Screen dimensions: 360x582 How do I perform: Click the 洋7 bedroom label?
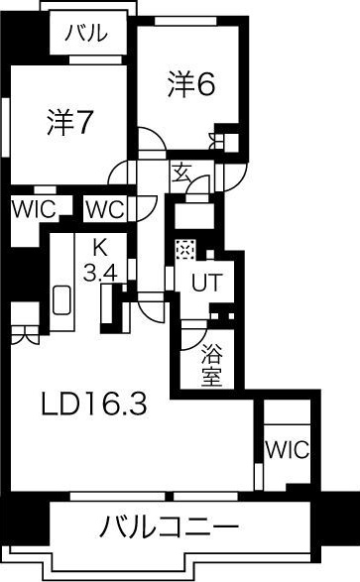coord(69,122)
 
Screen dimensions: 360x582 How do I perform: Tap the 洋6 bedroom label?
coord(191,84)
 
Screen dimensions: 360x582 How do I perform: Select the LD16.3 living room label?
coord(94,405)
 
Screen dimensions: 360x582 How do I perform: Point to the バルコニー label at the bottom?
coord(169,526)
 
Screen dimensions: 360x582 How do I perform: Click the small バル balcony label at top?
coord(86,33)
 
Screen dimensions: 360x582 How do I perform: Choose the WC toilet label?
coord(105,210)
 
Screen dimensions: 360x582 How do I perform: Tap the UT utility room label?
coord(206,283)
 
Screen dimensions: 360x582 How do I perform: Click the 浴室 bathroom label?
coord(212,365)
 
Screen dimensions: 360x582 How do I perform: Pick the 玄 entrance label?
coord(181,173)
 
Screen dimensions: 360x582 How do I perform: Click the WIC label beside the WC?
coord(34,209)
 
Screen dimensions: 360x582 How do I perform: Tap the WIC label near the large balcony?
coord(287,449)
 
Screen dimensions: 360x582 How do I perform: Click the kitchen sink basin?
coord(61,300)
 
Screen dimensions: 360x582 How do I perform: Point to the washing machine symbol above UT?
coord(184,250)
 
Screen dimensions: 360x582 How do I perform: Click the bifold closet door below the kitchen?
coord(25,335)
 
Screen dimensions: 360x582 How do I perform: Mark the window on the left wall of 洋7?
coord(5,127)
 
